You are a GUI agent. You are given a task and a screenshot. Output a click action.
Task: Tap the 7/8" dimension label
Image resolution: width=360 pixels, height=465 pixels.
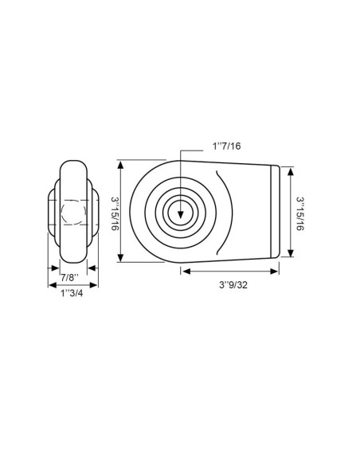point(70,277)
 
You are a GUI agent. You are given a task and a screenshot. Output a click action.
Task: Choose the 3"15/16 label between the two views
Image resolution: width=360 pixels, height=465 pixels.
point(114,211)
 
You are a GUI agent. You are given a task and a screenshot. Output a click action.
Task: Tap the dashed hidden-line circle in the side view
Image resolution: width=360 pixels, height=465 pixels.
point(70,213)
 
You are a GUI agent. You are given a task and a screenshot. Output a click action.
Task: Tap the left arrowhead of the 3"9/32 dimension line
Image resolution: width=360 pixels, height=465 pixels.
point(184,272)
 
